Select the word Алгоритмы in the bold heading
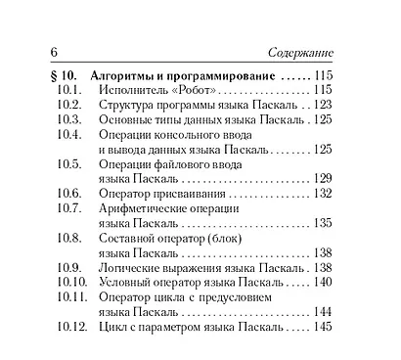pyautogui.click(x=122, y=75)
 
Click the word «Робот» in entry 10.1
pyautogui.click(x=195, y=90)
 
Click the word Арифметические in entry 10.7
pyautogui.click(x=147, y=207)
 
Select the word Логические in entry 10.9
pyautogui.click(x=133, y=266)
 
